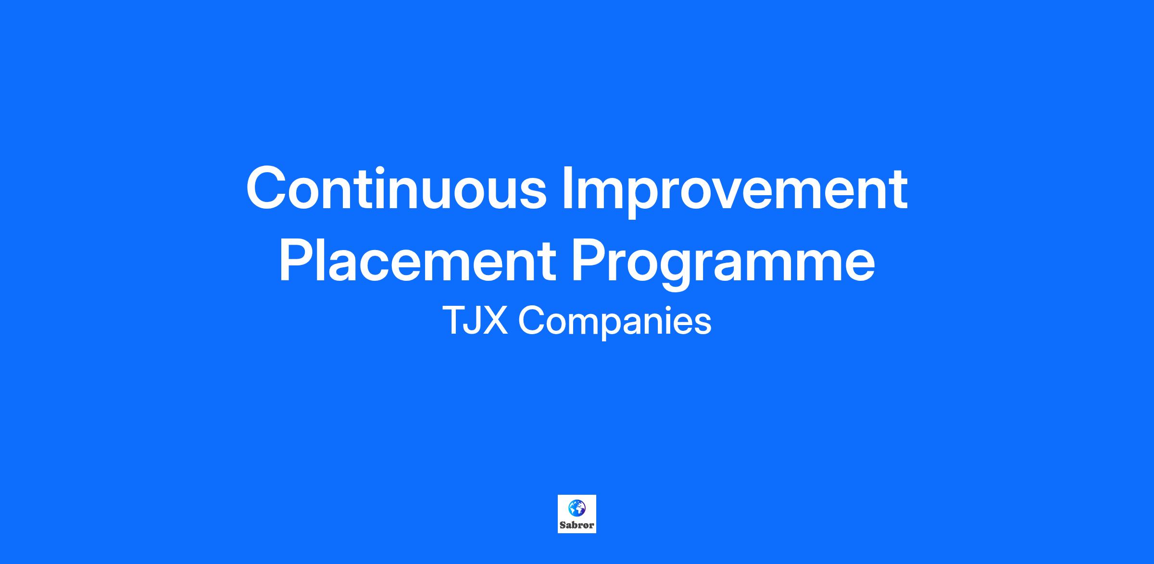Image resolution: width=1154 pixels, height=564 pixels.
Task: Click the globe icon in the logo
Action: pyautogui.click(x=577, y=508)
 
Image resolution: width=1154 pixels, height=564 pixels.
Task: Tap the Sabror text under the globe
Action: pyautogui.click(x=577, y=525)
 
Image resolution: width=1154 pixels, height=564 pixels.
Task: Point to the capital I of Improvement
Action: pyautogui.click(x=567, y=188)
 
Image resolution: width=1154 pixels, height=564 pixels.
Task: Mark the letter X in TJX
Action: pyautogui.click(x=495, y=321)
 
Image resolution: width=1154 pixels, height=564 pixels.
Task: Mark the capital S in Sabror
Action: pyautogui.click(x=563, y=525)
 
